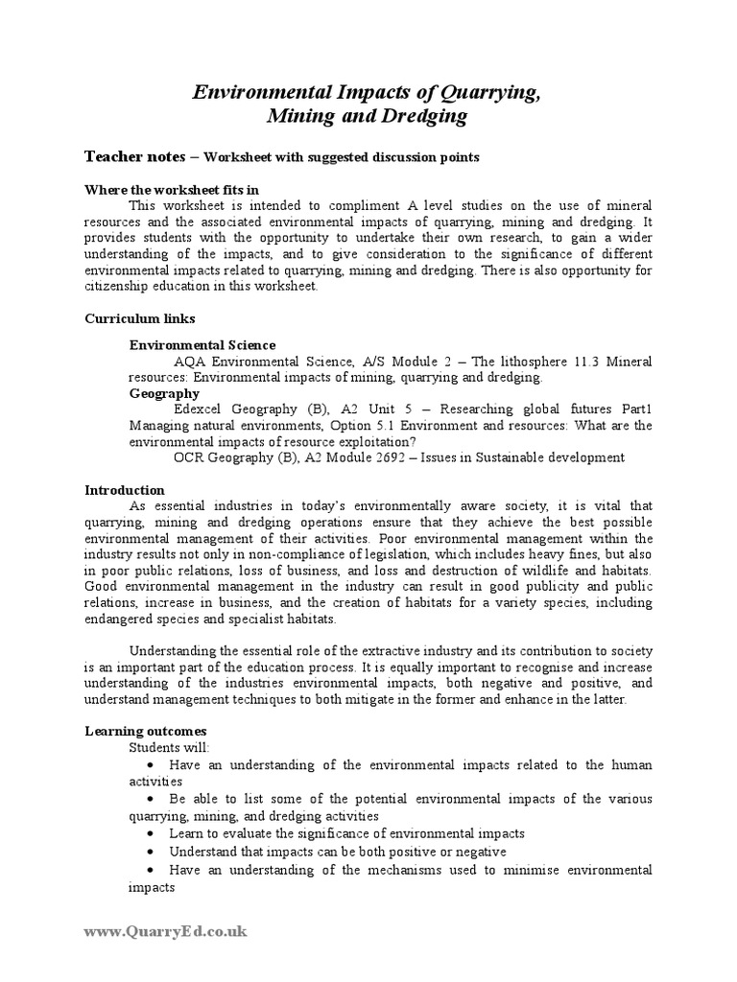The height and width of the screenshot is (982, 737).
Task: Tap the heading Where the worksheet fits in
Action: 172,189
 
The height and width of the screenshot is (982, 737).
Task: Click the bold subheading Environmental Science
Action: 202,344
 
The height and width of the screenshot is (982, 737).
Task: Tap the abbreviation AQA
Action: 190,362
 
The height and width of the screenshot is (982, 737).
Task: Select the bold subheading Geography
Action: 164,393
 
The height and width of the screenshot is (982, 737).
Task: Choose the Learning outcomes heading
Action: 139,731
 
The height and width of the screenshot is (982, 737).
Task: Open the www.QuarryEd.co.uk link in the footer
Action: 165,930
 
